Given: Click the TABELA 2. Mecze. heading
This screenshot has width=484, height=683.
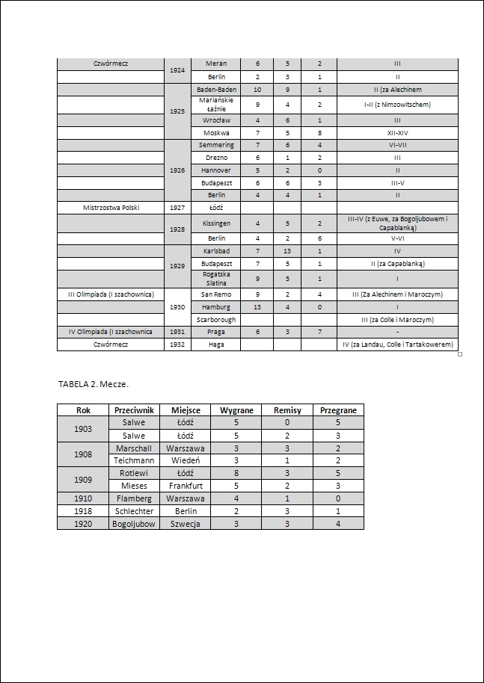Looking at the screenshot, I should tap(94, 384).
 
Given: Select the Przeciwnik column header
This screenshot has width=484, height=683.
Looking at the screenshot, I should tap(135, 410).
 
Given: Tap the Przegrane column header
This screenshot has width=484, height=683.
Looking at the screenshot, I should tap(338, 410).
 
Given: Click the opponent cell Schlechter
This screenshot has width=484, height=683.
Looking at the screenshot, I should tap(135, 511).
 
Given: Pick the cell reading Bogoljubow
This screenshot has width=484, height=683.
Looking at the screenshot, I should tap(135, 524).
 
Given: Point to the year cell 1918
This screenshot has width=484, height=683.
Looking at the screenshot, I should tap(84, 511).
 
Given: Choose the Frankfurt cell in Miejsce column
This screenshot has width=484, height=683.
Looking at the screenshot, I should tap(186, 486).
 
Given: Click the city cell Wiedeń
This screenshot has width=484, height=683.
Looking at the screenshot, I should tap(186, 461).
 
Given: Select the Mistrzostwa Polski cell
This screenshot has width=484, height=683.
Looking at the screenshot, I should tap(111, 208).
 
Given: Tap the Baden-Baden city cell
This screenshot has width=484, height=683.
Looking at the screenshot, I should tap(216, 90).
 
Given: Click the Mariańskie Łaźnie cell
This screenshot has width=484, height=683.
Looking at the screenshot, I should tap(216, 105).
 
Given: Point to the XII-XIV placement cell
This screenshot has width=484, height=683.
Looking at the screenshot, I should tap(397, 132).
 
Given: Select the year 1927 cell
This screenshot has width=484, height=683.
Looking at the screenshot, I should tap(177, 208).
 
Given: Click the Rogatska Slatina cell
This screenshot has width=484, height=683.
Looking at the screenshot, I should tap(216, 279).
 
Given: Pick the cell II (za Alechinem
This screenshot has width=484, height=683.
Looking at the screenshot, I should tap(397, 90).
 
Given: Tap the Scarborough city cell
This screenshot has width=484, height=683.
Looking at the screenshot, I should tap(216, 320).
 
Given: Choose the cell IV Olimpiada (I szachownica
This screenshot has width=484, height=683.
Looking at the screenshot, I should tap(111, 332).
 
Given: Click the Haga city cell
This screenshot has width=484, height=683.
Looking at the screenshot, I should tap(216, 344).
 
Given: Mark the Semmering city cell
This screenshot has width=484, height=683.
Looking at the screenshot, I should tap(216, 145).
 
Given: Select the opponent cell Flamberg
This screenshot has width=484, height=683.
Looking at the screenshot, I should tap(135, 498).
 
